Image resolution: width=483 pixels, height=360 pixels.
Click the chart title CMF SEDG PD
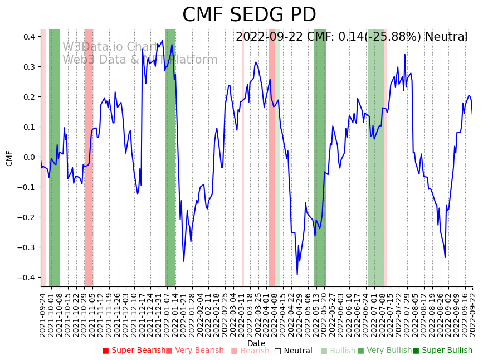tap(249, 15)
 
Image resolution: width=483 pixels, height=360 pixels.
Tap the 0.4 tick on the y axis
tap(29, 37)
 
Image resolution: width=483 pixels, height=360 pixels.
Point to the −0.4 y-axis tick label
tap(27, 278)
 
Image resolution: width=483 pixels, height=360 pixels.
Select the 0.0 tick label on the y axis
tap(29, 157)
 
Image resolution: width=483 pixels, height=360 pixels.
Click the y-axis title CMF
tap(9, 158)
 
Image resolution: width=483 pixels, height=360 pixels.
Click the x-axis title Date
tap(256, 343)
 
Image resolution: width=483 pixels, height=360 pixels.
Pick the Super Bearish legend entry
tap(134, 351)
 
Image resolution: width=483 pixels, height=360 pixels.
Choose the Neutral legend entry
tap(293, 351)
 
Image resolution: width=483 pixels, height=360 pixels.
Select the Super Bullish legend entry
tap(442, 351)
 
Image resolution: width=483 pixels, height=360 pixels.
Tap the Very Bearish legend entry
tap(194, 351)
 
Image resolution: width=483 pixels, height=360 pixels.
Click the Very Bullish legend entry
tap(384, 351)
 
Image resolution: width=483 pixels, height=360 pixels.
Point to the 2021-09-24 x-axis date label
tap(42, 315)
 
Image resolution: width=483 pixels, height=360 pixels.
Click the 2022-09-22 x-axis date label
tap(473, 315)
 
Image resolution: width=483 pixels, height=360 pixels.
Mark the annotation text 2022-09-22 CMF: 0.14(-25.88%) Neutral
tap(352, 37)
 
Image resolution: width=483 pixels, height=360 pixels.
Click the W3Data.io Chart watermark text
tap(110, 47)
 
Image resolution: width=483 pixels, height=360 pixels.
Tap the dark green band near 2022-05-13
tap(320, 156)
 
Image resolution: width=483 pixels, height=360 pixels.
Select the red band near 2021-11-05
tap(89, 156)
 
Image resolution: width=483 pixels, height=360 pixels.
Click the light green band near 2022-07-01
tap(375, 156)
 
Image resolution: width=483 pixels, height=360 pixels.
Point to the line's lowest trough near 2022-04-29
tap(297, 274)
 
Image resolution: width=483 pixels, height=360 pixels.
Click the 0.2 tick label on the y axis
tap(29, 97)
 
